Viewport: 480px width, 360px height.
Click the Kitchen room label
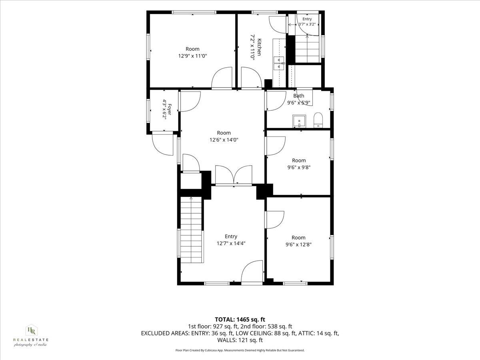point(259,47)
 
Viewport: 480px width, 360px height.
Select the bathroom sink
point(299,121)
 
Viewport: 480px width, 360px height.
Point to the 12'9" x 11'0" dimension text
point(192,56)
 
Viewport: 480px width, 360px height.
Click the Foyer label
point(169,109)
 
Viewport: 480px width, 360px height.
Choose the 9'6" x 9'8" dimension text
point(299,168)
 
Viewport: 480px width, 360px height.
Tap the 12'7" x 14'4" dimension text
point(231,244)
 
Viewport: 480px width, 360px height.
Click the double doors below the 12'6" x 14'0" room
point(234,175)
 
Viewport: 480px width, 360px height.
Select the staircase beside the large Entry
point(191,230)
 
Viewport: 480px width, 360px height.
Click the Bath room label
point(299,96)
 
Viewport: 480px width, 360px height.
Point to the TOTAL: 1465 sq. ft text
point(240,320)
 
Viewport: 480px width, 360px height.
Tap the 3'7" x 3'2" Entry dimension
point(307,24)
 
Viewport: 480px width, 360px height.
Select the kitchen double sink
point(278,63)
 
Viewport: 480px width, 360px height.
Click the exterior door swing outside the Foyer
point(162,144)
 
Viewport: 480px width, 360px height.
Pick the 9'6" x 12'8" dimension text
point(298,244)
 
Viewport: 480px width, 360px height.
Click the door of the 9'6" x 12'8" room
point(274,220)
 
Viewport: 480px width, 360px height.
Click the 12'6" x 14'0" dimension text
point(224,140)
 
